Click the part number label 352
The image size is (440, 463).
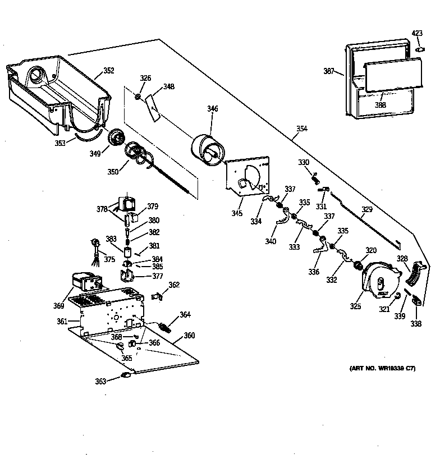click(108, 71)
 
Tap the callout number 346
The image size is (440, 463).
click(213, 108)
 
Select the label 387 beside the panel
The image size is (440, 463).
click(329, 71)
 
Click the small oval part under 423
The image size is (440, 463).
click(418, 49)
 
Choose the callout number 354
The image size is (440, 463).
click(301, 129)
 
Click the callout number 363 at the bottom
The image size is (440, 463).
click(100, 381)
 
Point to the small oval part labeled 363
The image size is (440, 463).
click(126, 375)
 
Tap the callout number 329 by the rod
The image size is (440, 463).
click(366, 210)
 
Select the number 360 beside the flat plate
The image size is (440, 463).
click(189, 336)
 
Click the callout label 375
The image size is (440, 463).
click(110, 259)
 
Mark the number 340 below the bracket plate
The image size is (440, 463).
click(271, 242)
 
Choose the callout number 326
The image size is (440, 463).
click(145, 78)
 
